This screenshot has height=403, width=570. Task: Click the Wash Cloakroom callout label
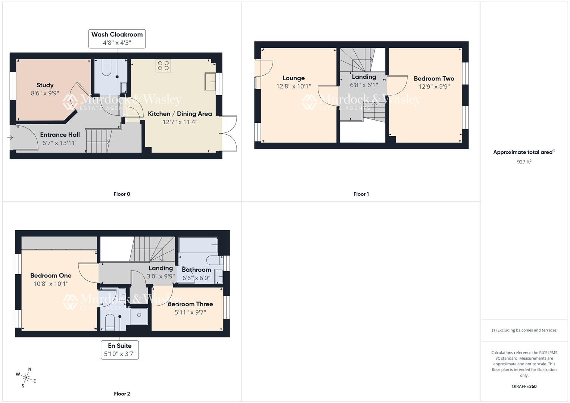click(x=117, y=38)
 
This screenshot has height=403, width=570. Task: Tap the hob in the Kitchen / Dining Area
click(x=163, y=66)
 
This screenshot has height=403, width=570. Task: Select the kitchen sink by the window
click(x=210, y=82)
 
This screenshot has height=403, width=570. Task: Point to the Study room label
click(x=45, y=85)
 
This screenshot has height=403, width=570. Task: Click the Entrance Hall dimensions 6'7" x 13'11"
click(x=60, y=143)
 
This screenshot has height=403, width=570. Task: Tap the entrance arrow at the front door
click(x=10, y=138)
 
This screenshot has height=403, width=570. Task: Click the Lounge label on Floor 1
click(x=293, y=78)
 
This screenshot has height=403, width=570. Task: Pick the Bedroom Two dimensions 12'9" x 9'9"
click(x=434, y=87)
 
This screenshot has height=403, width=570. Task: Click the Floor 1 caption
click(x=361, y=194)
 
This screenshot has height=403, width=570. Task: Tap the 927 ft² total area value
click(x=524, y=162)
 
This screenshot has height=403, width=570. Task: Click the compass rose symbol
click(x=26, y=377)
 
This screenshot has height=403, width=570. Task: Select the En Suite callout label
click(x=119, y=350)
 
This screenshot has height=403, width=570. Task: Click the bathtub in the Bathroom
click(x=198, y=245)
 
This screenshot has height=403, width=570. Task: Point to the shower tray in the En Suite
click(x=139, y=315)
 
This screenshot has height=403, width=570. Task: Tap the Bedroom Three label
click(x=190, y=304)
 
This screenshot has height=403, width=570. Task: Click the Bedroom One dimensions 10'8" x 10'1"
click(x=51, y=284)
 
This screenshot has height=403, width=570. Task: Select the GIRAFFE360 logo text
click(x=524, y=386)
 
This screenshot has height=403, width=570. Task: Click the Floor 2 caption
click(x=122, y=394)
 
